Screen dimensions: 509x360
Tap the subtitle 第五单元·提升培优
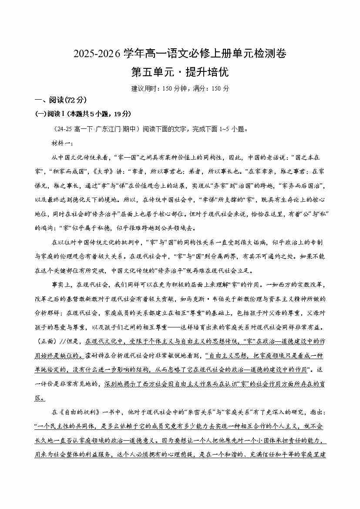[x=180, y=72]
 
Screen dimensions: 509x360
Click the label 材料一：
[x=63, y=143]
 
